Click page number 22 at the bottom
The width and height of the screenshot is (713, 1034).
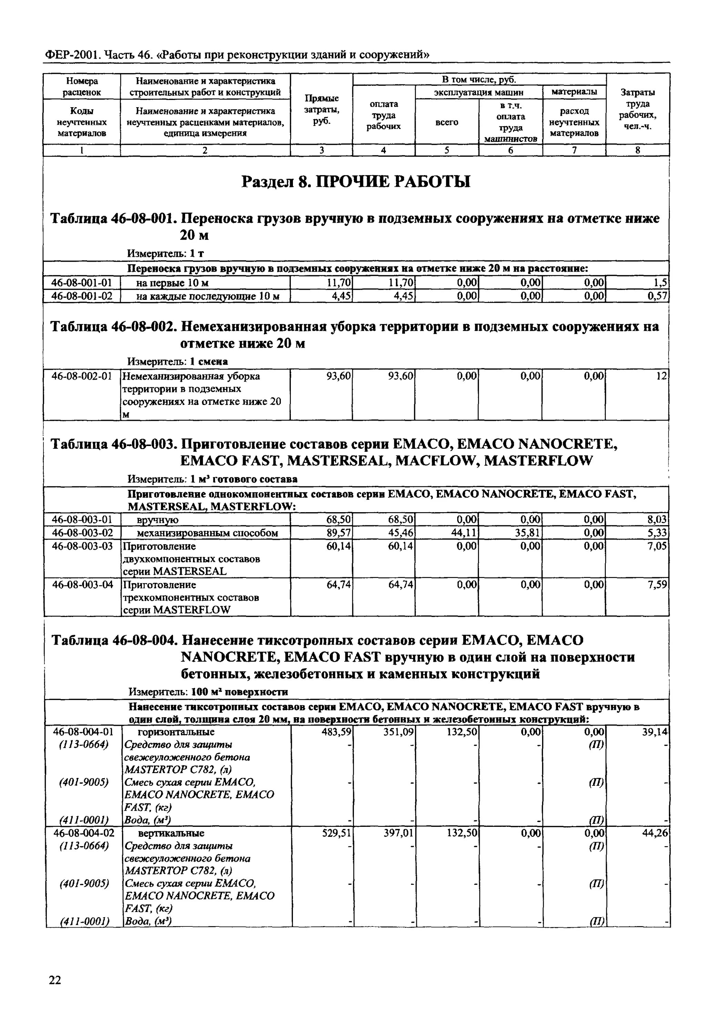[55, 980]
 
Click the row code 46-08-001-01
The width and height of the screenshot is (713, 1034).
[82, 283]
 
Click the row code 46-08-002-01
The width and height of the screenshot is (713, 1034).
[82, 376]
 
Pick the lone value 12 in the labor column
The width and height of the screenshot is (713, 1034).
[662, 376]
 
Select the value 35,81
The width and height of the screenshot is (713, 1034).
[529, 533]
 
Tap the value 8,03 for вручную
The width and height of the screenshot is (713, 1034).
[657, 519]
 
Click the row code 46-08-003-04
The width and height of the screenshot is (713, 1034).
[82, 585]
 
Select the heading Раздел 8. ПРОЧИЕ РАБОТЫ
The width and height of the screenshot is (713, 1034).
[356, 182]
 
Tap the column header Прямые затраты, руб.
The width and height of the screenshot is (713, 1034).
[321, 110]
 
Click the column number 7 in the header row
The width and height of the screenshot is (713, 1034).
[574, 151]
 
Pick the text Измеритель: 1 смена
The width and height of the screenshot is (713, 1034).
[177, 361]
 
